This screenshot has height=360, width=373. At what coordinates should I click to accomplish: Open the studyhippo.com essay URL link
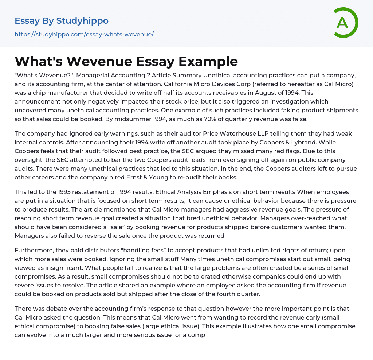click(84, 34)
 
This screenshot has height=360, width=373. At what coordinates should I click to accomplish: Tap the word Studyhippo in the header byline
click(82, 21)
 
